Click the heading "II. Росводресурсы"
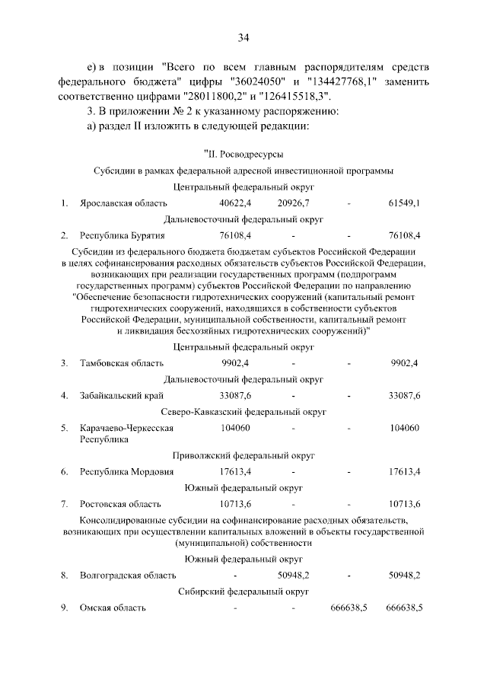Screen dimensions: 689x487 point(243,155)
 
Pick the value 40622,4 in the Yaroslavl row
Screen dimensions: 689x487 point(235,203)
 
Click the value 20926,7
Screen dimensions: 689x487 point(293,203)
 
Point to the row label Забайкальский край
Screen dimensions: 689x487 point(123,395)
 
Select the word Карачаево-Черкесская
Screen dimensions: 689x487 point(127,428)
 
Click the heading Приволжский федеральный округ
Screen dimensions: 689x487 point(243,455)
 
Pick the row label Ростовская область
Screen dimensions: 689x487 point(120,504)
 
